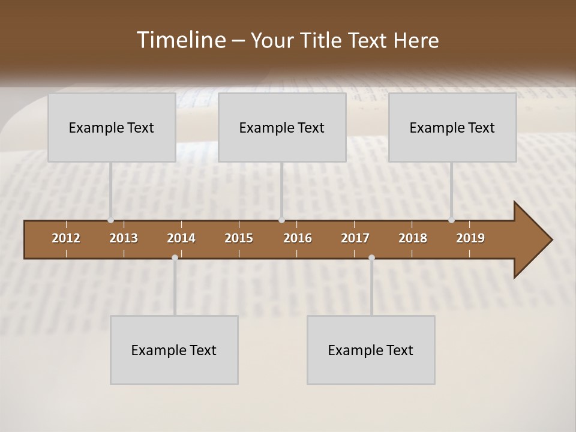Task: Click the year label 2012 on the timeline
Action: (66, 238)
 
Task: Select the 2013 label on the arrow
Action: (124, 238)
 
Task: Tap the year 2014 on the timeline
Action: (181, 238)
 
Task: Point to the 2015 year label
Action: (239, 238)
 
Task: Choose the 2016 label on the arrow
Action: (298, 238)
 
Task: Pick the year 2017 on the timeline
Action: (355, 238)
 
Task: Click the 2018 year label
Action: (413, 238)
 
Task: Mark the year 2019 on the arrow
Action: (470, 238)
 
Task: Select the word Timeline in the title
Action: (180, 40)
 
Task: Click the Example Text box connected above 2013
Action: (112, 127)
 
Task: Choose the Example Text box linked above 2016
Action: (282, 127)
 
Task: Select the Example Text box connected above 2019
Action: (452, 127)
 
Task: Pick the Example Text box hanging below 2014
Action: (174, 350)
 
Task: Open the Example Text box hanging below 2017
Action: (371, 350)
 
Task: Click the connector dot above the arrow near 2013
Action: (111, 220)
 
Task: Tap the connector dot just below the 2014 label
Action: (175, 257)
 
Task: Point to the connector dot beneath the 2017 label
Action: (371, 257)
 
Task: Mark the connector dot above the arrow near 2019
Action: (451, 220)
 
